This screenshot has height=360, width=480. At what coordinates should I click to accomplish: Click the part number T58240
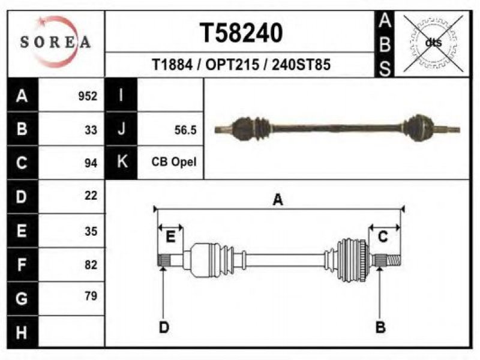[241, 33]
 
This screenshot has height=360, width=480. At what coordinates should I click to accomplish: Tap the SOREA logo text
[55, 42]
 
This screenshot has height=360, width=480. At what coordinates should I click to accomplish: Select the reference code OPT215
[232, 65]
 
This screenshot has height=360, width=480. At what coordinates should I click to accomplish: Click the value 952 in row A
[88, 96]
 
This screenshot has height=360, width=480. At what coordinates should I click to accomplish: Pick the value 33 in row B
[91, 130]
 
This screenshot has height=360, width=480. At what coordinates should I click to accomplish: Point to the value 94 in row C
[91, 163]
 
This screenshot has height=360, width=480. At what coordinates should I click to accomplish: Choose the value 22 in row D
[91, 196]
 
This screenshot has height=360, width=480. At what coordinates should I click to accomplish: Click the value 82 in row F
[91, 265]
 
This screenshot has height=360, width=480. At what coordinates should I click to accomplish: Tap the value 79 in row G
[91, 296]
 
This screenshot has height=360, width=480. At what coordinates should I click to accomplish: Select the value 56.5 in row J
[185, 130]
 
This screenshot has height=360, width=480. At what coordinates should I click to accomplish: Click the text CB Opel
[174, 162]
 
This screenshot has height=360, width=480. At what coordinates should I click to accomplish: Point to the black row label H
[22, 332]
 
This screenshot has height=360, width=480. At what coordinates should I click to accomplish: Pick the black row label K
[122, 161]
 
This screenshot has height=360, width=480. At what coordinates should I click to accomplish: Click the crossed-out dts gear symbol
[433, 43]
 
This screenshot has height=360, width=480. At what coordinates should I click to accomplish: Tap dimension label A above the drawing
[278, 200]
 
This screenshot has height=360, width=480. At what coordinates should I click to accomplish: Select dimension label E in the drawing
[170, 236]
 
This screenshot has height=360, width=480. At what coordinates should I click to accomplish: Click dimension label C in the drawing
[383, 236]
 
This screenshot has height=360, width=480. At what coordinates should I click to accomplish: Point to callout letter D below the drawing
[164, 328]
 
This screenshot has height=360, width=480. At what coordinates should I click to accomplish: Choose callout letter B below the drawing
[380, 327]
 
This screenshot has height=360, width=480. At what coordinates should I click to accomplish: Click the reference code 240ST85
[301, 65]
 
